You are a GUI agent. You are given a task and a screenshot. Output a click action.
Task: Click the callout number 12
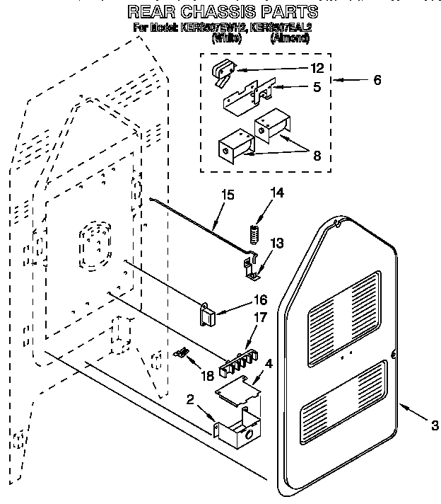click(317, 69)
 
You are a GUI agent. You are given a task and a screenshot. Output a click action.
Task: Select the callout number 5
click(317, 88)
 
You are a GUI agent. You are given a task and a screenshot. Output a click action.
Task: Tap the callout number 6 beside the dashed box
click(377, 81)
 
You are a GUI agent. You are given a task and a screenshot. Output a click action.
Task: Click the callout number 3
click(434, 425)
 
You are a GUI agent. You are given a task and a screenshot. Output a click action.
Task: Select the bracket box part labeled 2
click(236, 433)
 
